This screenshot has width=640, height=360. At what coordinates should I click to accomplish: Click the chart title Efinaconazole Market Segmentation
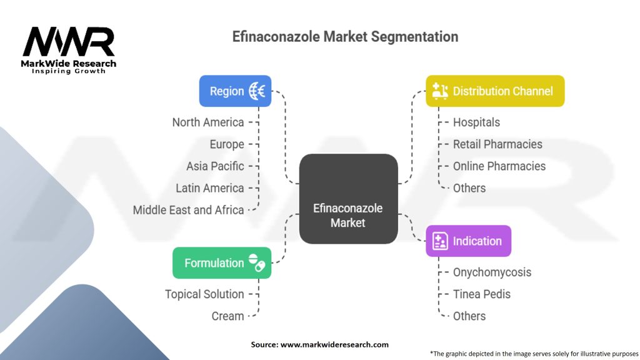[x=345, y=37]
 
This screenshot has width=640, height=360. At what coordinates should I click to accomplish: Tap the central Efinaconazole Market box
[x=348, y=199]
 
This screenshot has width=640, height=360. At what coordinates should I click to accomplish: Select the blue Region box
[x=235, y=91]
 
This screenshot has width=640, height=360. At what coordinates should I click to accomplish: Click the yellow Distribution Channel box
[x=495, y=91]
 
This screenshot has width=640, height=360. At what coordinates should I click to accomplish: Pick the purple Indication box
[x=468, y=241]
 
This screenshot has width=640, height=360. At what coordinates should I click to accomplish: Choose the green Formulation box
[x=222, y=263]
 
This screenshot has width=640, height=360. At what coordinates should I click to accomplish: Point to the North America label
[x=208, y=122]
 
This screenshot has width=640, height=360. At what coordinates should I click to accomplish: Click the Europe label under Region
[x=227, y=144]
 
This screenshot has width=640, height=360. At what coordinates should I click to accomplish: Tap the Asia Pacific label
[x=215, y=166]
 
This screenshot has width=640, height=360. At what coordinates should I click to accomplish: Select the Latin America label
[x=210, y=188]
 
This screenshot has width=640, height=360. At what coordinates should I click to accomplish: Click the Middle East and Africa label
[x=188, y=210]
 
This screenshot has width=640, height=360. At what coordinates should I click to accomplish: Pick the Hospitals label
[x=476, y=122]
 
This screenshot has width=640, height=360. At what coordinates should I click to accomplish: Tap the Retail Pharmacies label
[x=497, y=144]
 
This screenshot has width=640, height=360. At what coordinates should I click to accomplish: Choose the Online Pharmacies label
[x=499, y=166]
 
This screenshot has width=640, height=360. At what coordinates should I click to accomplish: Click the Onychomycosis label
[x=492, y=272]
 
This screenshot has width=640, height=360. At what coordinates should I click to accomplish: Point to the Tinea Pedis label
[x=481, y=294]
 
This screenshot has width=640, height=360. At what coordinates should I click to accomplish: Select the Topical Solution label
[x=204, y=294]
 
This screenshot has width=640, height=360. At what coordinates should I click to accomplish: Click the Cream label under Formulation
[x=227, y=316]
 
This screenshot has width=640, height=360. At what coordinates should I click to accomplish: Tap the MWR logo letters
[x=69, y=42]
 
